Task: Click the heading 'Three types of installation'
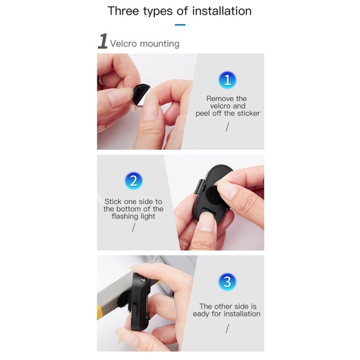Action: coord(180,11)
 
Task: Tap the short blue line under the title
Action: coord(180,25)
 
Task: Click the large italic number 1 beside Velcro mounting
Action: coord(102,42)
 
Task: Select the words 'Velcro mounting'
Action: coord(145,44)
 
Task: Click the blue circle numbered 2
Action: coord(134,181)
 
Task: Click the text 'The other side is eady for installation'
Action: coord(229,310)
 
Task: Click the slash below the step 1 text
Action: coord(227,126)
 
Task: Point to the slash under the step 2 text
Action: coord(133,228)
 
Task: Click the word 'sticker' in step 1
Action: coord(246,113)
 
